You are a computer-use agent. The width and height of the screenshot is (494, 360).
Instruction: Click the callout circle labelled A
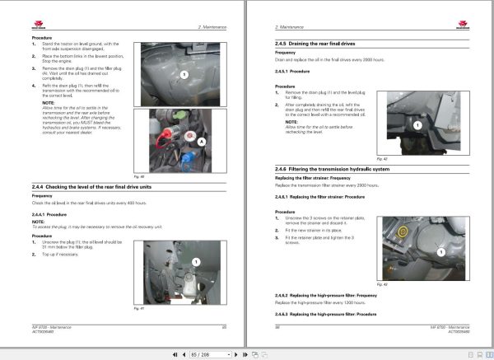click(203, 141)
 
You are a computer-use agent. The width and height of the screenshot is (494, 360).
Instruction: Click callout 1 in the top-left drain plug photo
click(184, 74)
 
